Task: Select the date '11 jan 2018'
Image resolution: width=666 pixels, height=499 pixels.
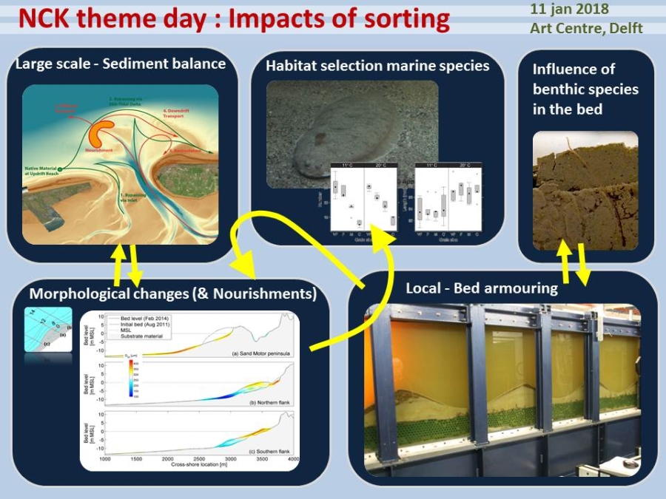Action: pos(570,10)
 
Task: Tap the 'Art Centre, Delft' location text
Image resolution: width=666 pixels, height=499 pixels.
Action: pos(586,29)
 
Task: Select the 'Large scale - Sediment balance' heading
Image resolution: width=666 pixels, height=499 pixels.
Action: pos(120,64)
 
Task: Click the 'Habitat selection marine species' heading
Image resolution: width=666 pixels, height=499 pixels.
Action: pos(377,66)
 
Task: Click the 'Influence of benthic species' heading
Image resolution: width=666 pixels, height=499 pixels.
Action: pos(585,89)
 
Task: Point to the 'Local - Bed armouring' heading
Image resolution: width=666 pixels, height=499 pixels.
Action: pos(482,288)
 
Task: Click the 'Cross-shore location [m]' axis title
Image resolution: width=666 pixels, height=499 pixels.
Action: pos(200,465)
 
